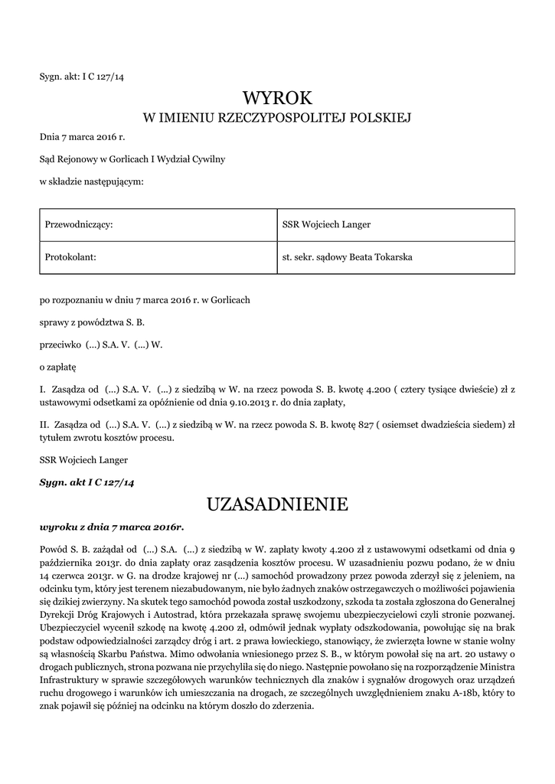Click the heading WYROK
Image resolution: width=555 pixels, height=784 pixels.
277,98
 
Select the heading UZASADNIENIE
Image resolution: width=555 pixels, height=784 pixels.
277,504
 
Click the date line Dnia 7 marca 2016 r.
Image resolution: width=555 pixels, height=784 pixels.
82,138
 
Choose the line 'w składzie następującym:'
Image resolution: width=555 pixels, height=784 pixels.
92,181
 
